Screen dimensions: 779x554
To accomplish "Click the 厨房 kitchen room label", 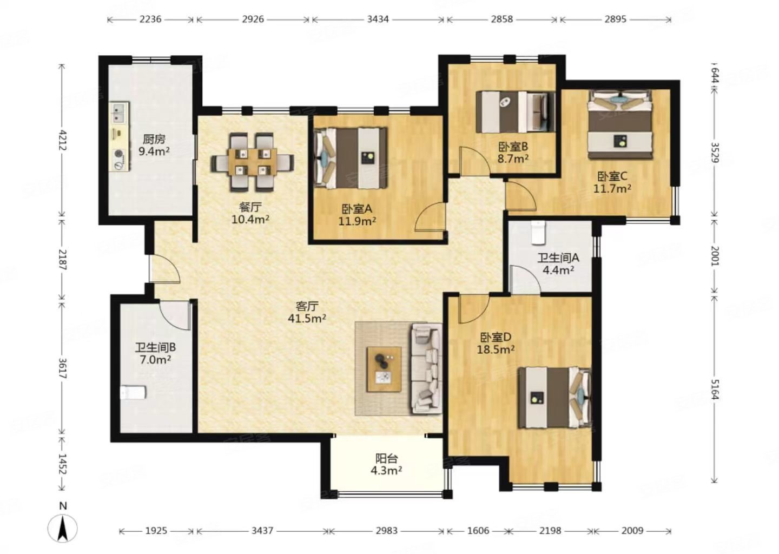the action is [x=154, y=139].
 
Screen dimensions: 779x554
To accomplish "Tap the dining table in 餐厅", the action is [x=253, y=162].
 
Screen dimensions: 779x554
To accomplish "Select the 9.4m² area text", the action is [x=154, y=151].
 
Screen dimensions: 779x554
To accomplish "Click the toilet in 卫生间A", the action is [x=538, y=232].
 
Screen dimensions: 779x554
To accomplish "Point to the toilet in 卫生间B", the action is [x=133, y=392].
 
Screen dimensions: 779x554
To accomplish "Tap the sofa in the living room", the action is [x=427, y=368].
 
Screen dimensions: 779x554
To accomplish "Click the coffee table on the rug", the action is [x=384, y=370].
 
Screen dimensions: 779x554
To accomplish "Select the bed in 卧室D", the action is [x=554, y=398].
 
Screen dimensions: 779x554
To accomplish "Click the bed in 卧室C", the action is [x=620, y=124].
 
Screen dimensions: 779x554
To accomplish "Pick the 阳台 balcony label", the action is [x=386, y=458].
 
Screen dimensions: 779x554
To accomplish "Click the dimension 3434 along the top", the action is [x=378, y=19].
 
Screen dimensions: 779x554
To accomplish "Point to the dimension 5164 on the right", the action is [x=715, y=390].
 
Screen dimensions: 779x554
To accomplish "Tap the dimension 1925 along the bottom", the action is [x=156, y=531].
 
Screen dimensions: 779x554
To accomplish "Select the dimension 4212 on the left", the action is [x=63, y=140].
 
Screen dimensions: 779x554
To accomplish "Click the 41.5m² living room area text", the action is [x=307, y=318].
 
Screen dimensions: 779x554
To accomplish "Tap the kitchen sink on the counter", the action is [x=119, y=113].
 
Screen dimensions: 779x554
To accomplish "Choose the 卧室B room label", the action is [x=513, y=147].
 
